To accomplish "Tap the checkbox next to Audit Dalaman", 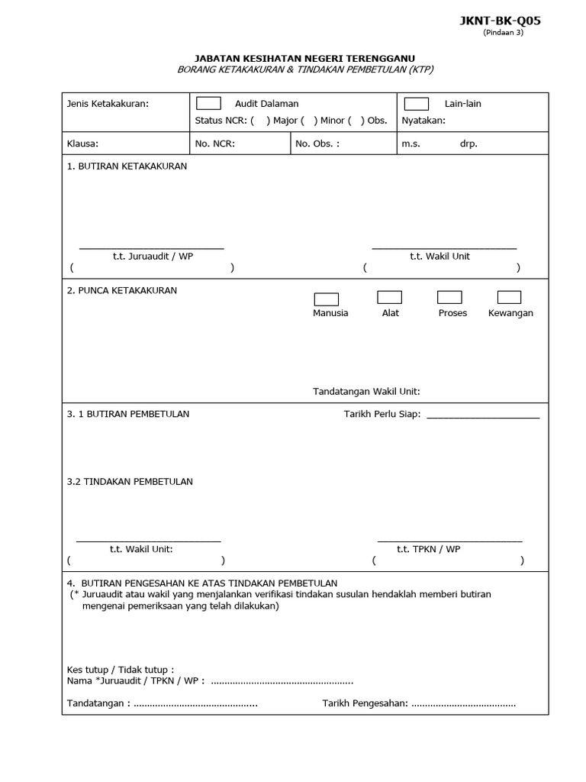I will click(208, 104).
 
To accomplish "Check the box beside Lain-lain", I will click(416, 104).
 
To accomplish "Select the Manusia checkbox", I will click(326, 299).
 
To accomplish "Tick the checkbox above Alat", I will click(389, 297).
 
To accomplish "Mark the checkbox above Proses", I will click(449, 297).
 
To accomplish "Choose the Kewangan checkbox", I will click(509, 297).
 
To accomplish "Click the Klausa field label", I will click(82, 144).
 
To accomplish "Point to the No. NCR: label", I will click(215, 144).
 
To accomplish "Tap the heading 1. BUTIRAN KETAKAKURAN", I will click(127, 166).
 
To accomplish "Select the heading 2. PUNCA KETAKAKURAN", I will click(122, 290).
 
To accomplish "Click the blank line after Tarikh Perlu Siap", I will click(482, 415).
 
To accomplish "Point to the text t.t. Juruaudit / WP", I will click(153, 256).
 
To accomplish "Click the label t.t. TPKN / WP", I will click(428, 548).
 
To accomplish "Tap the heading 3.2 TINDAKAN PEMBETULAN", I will click(130, 481).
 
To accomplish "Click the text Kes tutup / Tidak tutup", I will click(120, 669).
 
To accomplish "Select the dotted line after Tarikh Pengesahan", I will click(463, 703).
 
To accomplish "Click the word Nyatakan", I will click(423, 121).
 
